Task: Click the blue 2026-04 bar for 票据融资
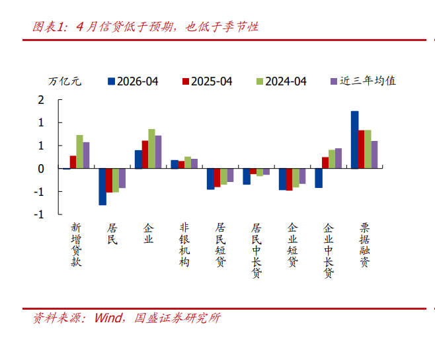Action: coord(354,140)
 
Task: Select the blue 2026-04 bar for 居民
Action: coord(102,187)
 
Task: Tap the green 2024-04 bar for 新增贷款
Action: coord(79,152)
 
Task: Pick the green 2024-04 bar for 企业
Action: coord(151,149)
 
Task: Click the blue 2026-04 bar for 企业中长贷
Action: coord(319,178)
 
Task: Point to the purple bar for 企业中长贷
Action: coord(338,158)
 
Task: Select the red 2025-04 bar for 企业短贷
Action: coord(289,179)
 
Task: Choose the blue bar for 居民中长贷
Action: coord(247,177)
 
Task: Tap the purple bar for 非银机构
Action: coord(194,163)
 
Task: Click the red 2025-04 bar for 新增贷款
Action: coord(73,162)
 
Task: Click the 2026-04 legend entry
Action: coord(133,81)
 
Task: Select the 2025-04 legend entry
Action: coord(207,81)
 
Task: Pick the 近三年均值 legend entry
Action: coord(363,81)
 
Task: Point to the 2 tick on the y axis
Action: coord(41,100)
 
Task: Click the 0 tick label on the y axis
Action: coord(41,169)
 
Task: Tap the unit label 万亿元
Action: coord(65,81)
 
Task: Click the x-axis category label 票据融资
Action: coord(364,245)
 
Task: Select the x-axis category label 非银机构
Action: coord(184,245)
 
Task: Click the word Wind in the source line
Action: coord(108,318)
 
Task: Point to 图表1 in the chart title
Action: coord(48,27)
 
